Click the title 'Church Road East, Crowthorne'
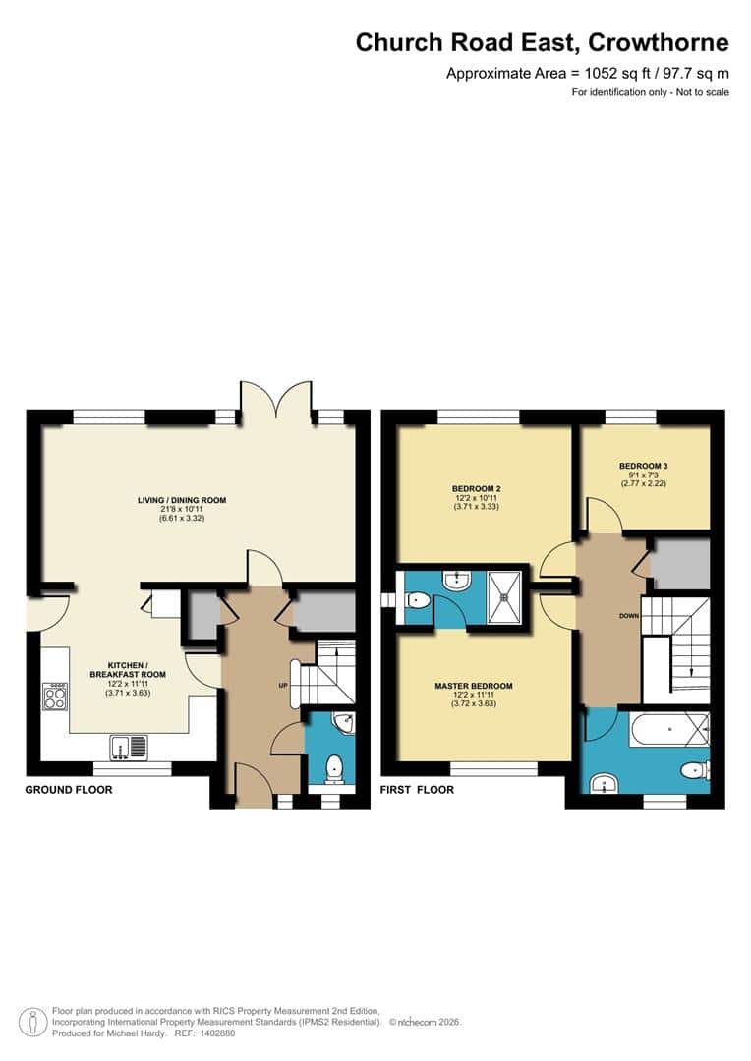pyautogui.click(x=542, y=43)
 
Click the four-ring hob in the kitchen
pyautogui.click(x=54, y=697)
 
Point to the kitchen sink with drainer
pyautogui.click(x=129, y=749)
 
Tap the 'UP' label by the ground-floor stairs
pyautogui.click(x=282, y=684)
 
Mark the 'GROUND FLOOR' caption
pyautogui.click(x=69, y=790)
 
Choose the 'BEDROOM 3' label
pyautogui.click(x=644, y=465)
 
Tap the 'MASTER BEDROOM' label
pyautogui.click(x=474, y=686)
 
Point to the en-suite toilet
pyautogui.click(x=417, y=599)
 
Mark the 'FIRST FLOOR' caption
pyautogui.click(x=417, y=790)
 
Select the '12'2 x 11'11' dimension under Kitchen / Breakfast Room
pyautogui.click(x=133, y=684)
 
